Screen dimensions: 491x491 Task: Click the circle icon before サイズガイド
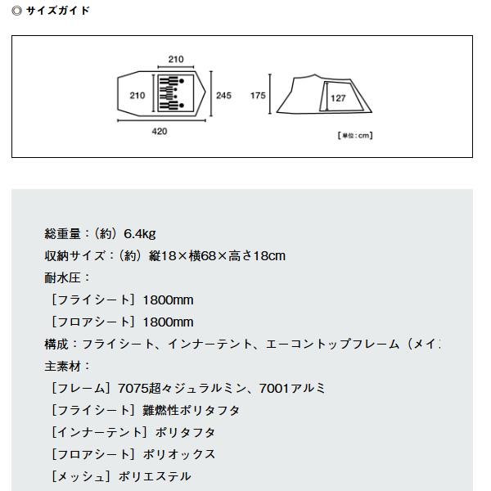click(17, 11)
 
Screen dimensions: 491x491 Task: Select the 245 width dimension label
click(223, 96)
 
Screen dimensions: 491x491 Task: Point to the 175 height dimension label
click(259, 96)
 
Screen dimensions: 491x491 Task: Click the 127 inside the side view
click(338, 98)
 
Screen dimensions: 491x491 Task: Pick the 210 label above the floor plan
click(175, 60)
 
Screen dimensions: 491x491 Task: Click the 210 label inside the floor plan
click(137, 96)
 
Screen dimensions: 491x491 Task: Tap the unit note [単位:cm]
click(354, 135)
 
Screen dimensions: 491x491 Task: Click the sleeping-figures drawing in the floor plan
click(174, 95)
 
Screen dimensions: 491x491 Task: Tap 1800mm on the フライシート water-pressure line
click(168, 300)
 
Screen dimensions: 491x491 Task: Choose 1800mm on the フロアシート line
click(168, 322)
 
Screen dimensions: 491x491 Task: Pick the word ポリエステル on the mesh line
click(155, 476)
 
